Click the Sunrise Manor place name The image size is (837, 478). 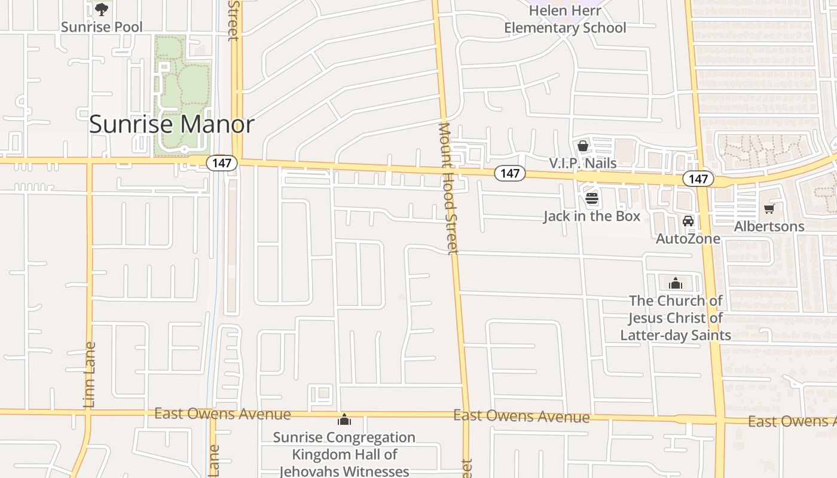[172, 124]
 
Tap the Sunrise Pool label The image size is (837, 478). [102, 27]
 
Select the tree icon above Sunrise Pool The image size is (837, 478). [102, 9]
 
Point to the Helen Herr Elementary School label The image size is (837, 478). [565, 19]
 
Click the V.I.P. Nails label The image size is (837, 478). [582, 163]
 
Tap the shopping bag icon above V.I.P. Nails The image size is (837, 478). [582, 146]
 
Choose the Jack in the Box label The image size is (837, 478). [591, 216]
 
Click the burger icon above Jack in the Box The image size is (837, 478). [591, 198]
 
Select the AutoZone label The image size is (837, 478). [688, 238]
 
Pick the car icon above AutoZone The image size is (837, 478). [688, 221]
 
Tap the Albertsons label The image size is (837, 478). [769, 226]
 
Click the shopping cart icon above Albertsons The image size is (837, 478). [769, 209]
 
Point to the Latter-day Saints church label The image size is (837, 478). [676, 318]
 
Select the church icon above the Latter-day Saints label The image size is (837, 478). [676, 283]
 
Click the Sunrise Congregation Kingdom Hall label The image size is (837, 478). [344, 454]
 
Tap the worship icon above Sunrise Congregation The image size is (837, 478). [344, 419]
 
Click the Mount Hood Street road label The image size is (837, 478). [448, 188]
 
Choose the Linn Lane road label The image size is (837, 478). [90, 375]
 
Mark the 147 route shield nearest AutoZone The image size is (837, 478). [698, 179]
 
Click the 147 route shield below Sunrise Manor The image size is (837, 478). [222, 163]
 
